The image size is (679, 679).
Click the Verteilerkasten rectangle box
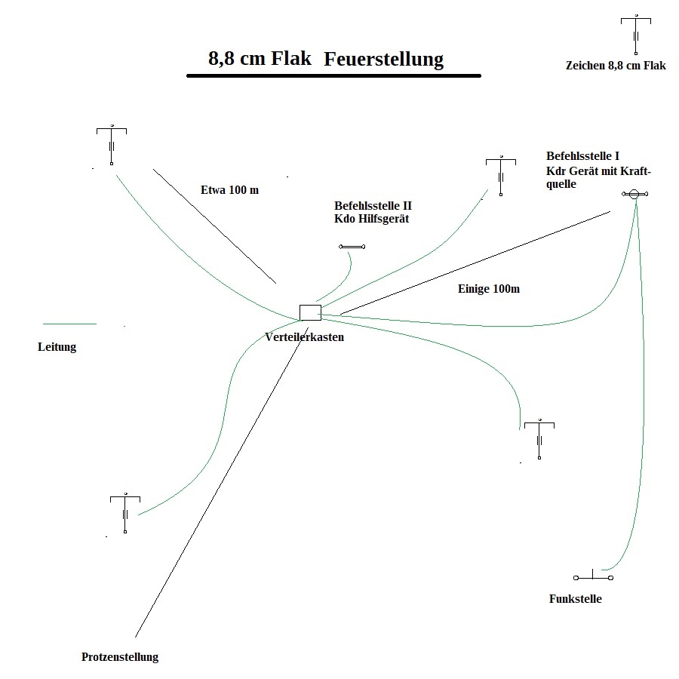(x=310, y=312)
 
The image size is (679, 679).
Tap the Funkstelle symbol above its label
(x=593, y=577)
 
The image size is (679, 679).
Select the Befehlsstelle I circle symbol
(x=634, y=194)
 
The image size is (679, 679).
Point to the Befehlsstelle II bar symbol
(x=352, y=247)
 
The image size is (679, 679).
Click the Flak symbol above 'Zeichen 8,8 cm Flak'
(x=637, y=34)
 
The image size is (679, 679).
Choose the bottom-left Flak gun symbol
(x=125, y=513)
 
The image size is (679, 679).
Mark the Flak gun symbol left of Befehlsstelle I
(x=501, y=176)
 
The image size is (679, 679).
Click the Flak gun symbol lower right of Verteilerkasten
(x=540, y=440)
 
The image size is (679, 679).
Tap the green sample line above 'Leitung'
(x=69, y=324)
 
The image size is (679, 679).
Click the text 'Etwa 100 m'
(x=229, y=190)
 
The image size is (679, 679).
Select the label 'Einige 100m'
(x=489, y=289)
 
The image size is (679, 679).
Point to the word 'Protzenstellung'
(x=120, y=656)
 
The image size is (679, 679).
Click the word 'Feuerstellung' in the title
(x=383, y=60)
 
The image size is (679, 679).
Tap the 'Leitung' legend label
(x=57, y=348)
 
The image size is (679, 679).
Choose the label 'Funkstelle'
(x=575, y=599)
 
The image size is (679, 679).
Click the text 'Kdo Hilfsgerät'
(x=371, y=218)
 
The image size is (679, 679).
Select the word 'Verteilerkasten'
(x=304, y=337)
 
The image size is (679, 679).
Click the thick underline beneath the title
(x=333, y=75)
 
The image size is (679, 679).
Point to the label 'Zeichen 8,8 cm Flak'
(x=616, y=66)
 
